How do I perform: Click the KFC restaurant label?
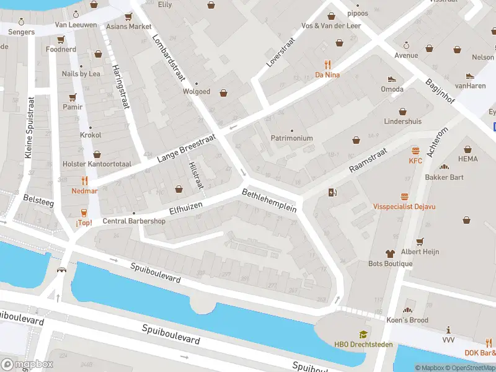[x=415, y=161]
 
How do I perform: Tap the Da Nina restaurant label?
[x=327, y=75]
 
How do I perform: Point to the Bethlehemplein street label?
[x=270, y=200]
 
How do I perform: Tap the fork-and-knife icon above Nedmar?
[x=85, y=180]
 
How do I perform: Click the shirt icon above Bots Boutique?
[x=389, y=253]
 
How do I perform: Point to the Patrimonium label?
[x=291, y=138]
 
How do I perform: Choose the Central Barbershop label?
[x=134, y=221]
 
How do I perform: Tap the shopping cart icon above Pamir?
[x=73, y=97]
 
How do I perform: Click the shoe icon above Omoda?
[x=392, y=79]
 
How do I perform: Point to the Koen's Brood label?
[x=407, y=320]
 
